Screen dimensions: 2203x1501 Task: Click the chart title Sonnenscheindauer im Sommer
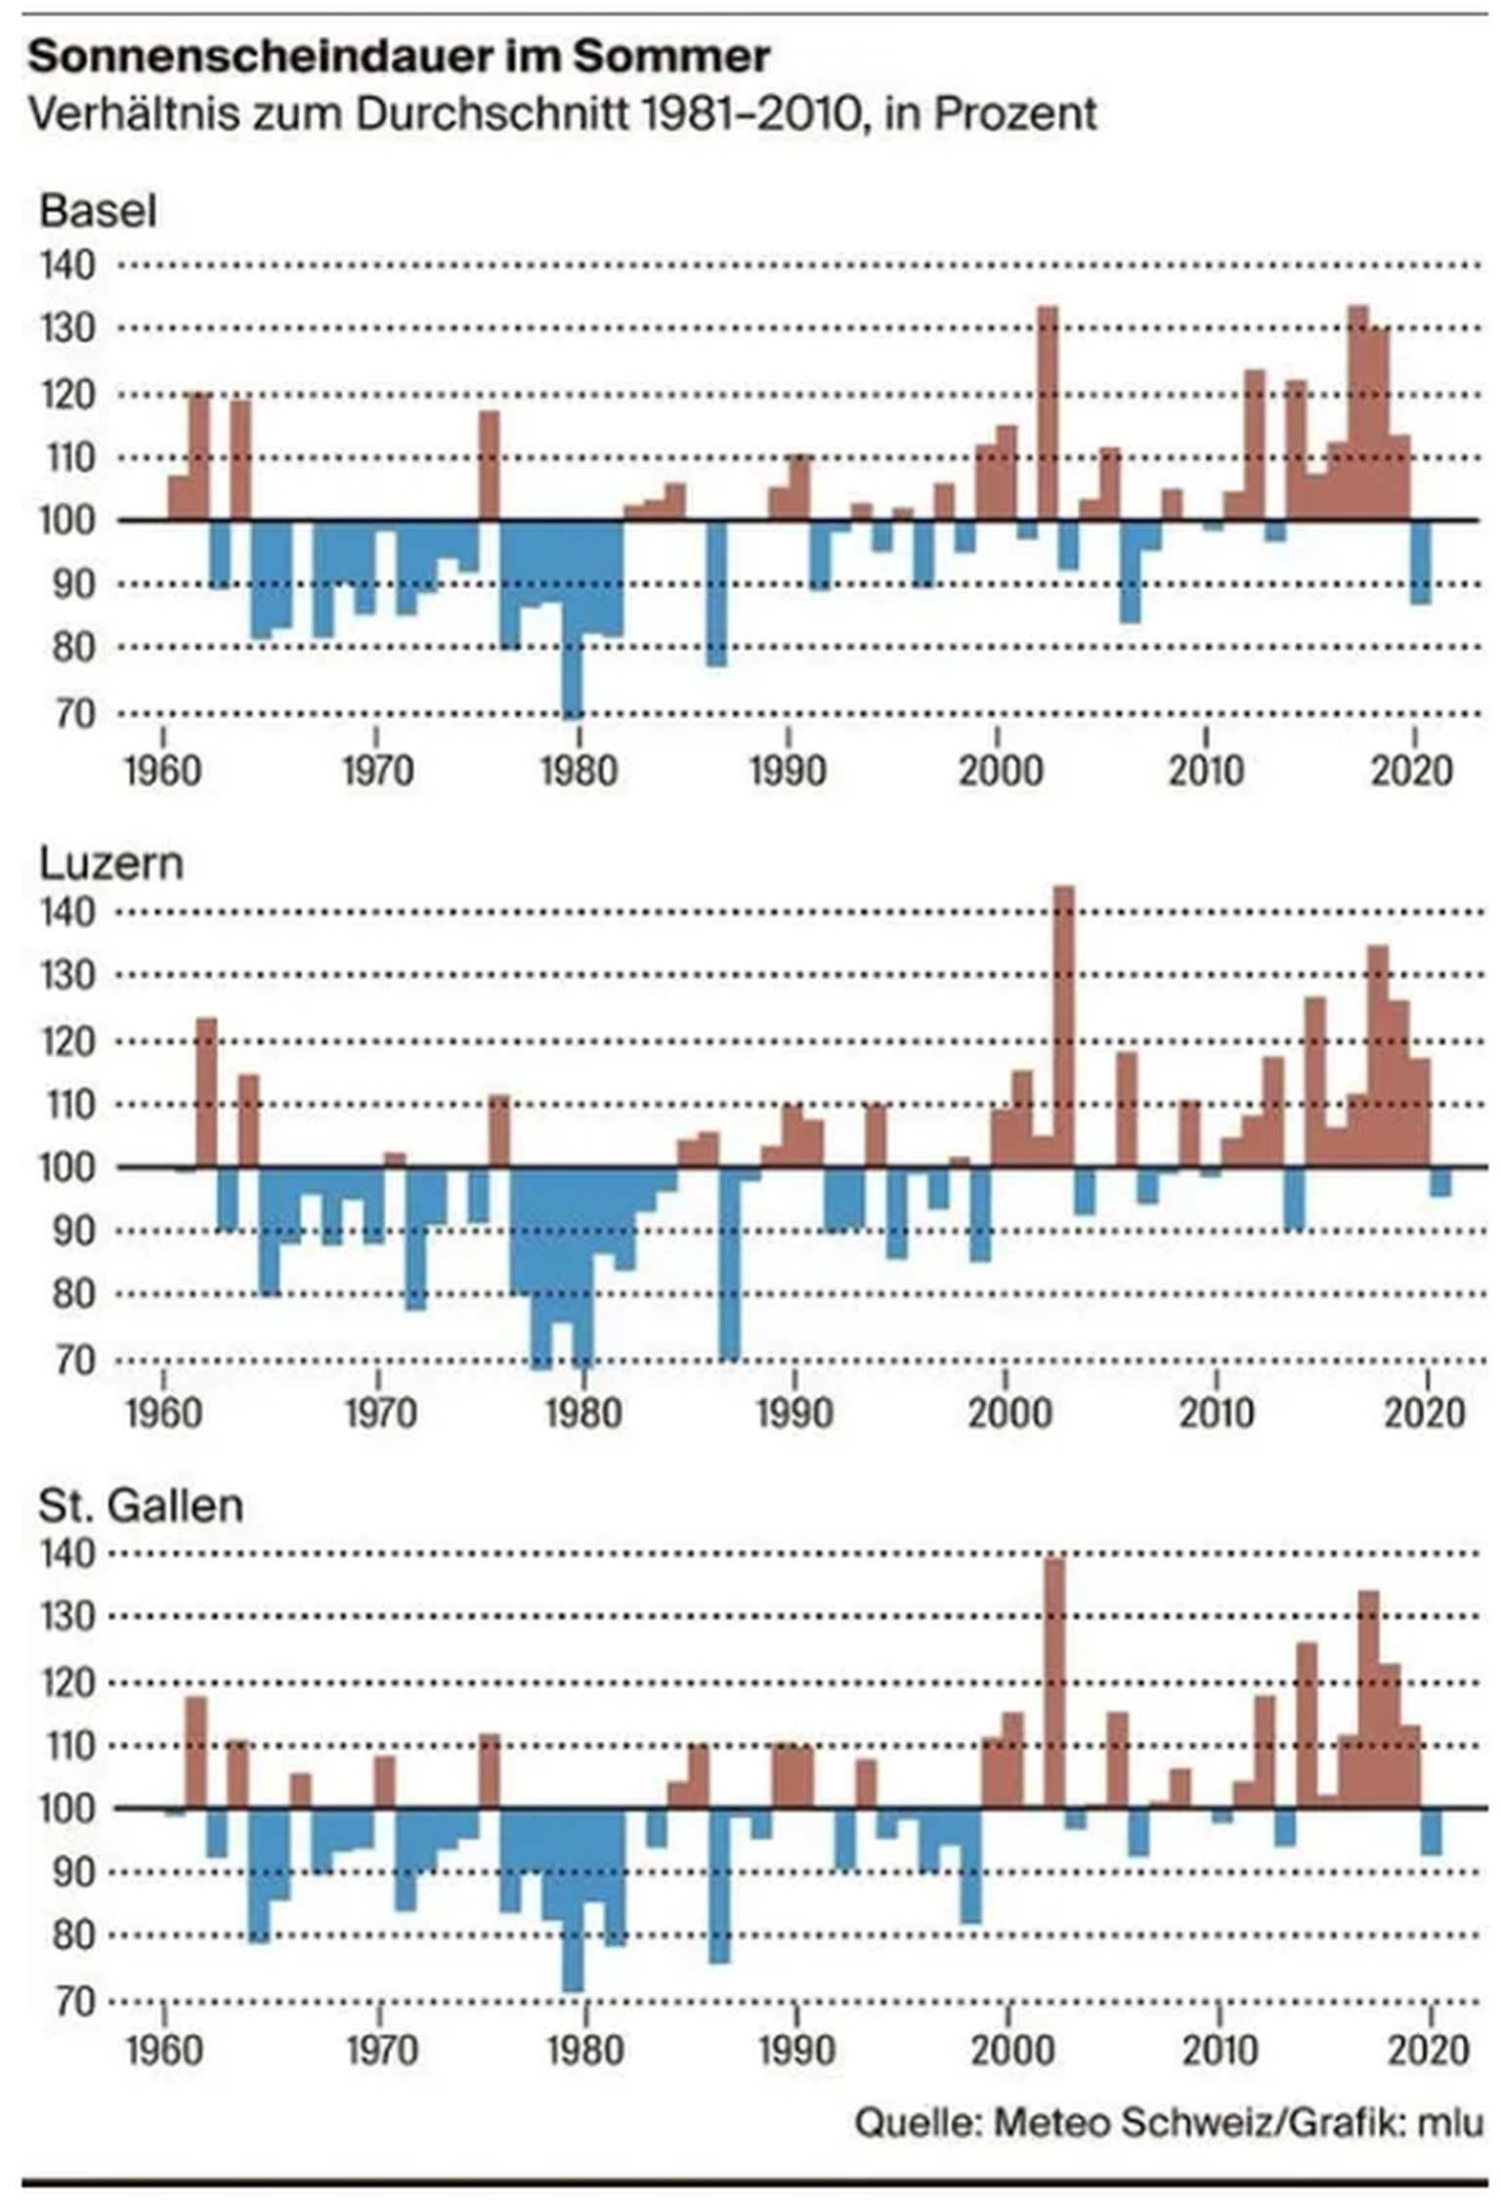tap(399, 57)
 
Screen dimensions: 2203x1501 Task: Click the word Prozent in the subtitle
tap(1015, 114)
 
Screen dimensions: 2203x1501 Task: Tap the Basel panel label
tap(98, 211)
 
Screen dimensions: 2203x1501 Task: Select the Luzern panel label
tap(110, 864)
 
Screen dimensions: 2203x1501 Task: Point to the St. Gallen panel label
tap(141, 1505)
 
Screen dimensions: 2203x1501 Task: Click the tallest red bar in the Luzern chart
tap(1063, 1026)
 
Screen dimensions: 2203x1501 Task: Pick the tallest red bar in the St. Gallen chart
tap(1054, 1681)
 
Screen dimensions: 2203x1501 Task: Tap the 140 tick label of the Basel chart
tap(68, 265)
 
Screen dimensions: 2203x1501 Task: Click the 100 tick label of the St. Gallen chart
tap(68, 1808)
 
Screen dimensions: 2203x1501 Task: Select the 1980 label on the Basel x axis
tap(579, 771)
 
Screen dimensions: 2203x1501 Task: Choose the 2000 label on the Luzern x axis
tap(1010, 1414)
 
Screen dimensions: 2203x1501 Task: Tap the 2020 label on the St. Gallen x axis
tap(1429, 2050)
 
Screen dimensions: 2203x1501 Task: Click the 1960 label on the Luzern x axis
tap(163, 1414)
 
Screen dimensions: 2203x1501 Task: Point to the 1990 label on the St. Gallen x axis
tap(796, 2050)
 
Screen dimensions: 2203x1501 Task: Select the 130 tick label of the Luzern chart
tap(68, 975)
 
